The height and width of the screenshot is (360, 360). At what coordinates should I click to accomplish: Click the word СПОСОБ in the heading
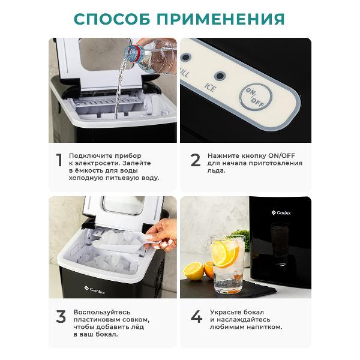coord(112,19)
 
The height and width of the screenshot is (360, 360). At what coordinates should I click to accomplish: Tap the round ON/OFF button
coord(256,97)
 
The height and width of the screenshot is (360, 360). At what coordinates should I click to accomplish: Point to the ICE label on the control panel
coord(210,87)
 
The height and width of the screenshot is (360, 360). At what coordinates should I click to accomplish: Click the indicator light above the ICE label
coord(220,76)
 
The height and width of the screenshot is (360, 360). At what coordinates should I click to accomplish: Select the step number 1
coord(59,160)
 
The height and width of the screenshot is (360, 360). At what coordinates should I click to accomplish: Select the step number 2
coord(196,160)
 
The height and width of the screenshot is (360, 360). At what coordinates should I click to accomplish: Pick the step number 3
coord(61,317)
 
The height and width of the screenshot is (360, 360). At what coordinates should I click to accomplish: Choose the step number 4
coord(197,317)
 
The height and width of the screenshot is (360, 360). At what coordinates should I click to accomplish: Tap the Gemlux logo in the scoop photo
coord(94,290)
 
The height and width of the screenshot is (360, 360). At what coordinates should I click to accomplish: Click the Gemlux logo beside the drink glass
coord(281,213)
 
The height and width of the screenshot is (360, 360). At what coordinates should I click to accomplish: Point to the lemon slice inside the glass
coord(224,254)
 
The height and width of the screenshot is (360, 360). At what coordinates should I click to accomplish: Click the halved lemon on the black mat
coord(194,271)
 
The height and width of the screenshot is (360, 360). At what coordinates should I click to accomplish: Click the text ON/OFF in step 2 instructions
coord(282,155)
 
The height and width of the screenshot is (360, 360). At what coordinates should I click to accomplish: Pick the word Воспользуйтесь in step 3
coord(102,312)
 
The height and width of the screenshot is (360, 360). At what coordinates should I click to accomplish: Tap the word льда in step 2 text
coord(216,171)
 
